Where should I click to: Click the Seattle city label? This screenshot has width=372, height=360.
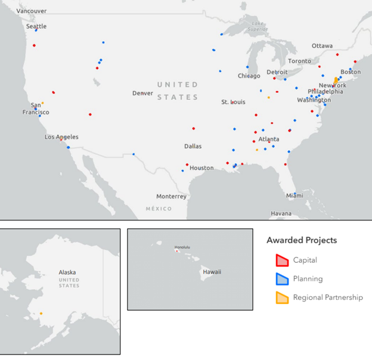(36, 26)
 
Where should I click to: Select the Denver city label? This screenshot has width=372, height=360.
(142, 93)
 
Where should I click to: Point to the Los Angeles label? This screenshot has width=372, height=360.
(61, 136)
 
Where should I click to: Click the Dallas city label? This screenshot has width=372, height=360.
(193, 146)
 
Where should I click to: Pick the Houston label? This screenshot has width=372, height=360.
(201, 168)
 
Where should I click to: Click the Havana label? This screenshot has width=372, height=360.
(281, 213)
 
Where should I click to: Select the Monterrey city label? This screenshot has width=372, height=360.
(171, 196)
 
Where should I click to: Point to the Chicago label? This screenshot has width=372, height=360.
(249, 76)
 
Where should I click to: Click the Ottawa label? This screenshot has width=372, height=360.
(322, 46)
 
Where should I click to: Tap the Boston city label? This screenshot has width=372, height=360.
(351, 72)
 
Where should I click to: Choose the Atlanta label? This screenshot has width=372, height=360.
(268, 139)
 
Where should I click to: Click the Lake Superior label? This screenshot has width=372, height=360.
(258, 26)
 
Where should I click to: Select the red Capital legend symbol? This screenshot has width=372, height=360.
(281, 260)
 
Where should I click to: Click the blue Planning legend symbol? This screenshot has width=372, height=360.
(281, 278)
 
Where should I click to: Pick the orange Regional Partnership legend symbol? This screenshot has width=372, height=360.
(281, 297)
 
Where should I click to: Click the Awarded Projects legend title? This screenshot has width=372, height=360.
(302, 240)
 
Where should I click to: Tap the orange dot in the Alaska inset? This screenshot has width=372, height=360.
(41, 314)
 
